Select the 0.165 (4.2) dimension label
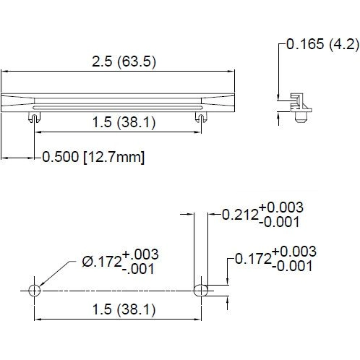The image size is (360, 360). tap(322, 44)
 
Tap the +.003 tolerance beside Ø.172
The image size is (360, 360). tap(140, 254)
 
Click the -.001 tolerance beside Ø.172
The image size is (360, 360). tap(140, 269)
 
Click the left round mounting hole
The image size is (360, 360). tap(33, 290)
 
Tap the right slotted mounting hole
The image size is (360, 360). tap(202, 290)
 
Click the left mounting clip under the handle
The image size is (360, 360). tap(33, 115)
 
